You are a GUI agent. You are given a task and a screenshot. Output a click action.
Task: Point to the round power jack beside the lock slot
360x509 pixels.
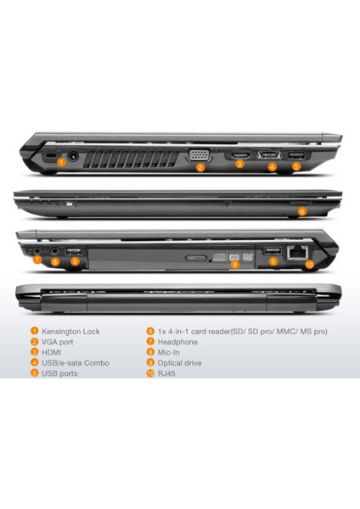click(x=72, y=155)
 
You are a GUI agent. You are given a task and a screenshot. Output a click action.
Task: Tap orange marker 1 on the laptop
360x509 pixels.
click(x=60, y=162)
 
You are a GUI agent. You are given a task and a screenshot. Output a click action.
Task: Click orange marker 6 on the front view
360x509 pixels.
click(x=301, y=211)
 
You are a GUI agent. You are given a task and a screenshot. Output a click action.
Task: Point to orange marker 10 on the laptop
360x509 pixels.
click(x=309, y=264)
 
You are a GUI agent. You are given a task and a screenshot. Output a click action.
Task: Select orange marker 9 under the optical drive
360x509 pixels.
click(x=236, y=265)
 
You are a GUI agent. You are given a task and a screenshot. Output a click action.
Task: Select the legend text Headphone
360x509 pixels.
click(x=177, y=342)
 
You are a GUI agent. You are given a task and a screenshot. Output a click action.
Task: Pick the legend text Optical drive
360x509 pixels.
click(x=181, y=362)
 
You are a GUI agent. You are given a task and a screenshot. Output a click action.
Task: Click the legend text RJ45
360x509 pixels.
click(x=168, y=373)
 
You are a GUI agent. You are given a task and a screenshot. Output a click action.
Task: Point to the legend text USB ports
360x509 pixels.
click(x=60, y=373)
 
